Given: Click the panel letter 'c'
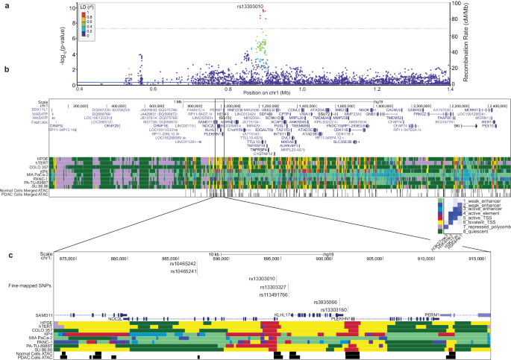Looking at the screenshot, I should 5,255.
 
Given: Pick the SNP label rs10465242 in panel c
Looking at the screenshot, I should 182,285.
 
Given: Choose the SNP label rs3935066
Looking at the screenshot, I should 328,303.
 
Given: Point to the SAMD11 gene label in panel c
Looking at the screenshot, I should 55,317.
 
